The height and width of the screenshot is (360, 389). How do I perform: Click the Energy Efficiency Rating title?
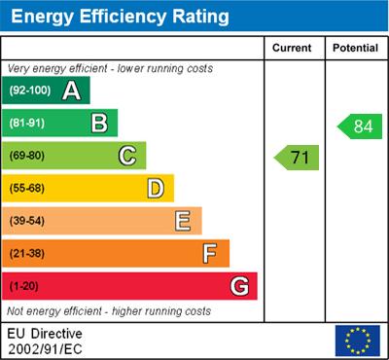tap(118, 17)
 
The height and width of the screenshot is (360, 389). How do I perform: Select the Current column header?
tap(292, 48)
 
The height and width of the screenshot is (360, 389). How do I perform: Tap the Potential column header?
tap(355, 48)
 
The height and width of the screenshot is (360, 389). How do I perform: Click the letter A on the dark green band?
tap(71, 91)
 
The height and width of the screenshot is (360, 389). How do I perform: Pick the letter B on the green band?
tap(98, 124)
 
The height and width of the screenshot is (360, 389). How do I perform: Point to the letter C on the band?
tap(126, 156)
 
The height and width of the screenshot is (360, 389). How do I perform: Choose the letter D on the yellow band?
tap(155, 188)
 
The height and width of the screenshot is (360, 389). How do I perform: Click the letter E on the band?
tap(182, 221)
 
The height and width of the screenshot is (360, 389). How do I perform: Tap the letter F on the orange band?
tap(209, 253)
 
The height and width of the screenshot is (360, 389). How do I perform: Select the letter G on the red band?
tap(238, 286)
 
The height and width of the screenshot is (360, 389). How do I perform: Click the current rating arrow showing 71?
tap(297, 157)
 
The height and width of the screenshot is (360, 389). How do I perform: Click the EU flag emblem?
tap(357, 340)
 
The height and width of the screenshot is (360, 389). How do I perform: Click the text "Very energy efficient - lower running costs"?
tap(109, 69)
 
